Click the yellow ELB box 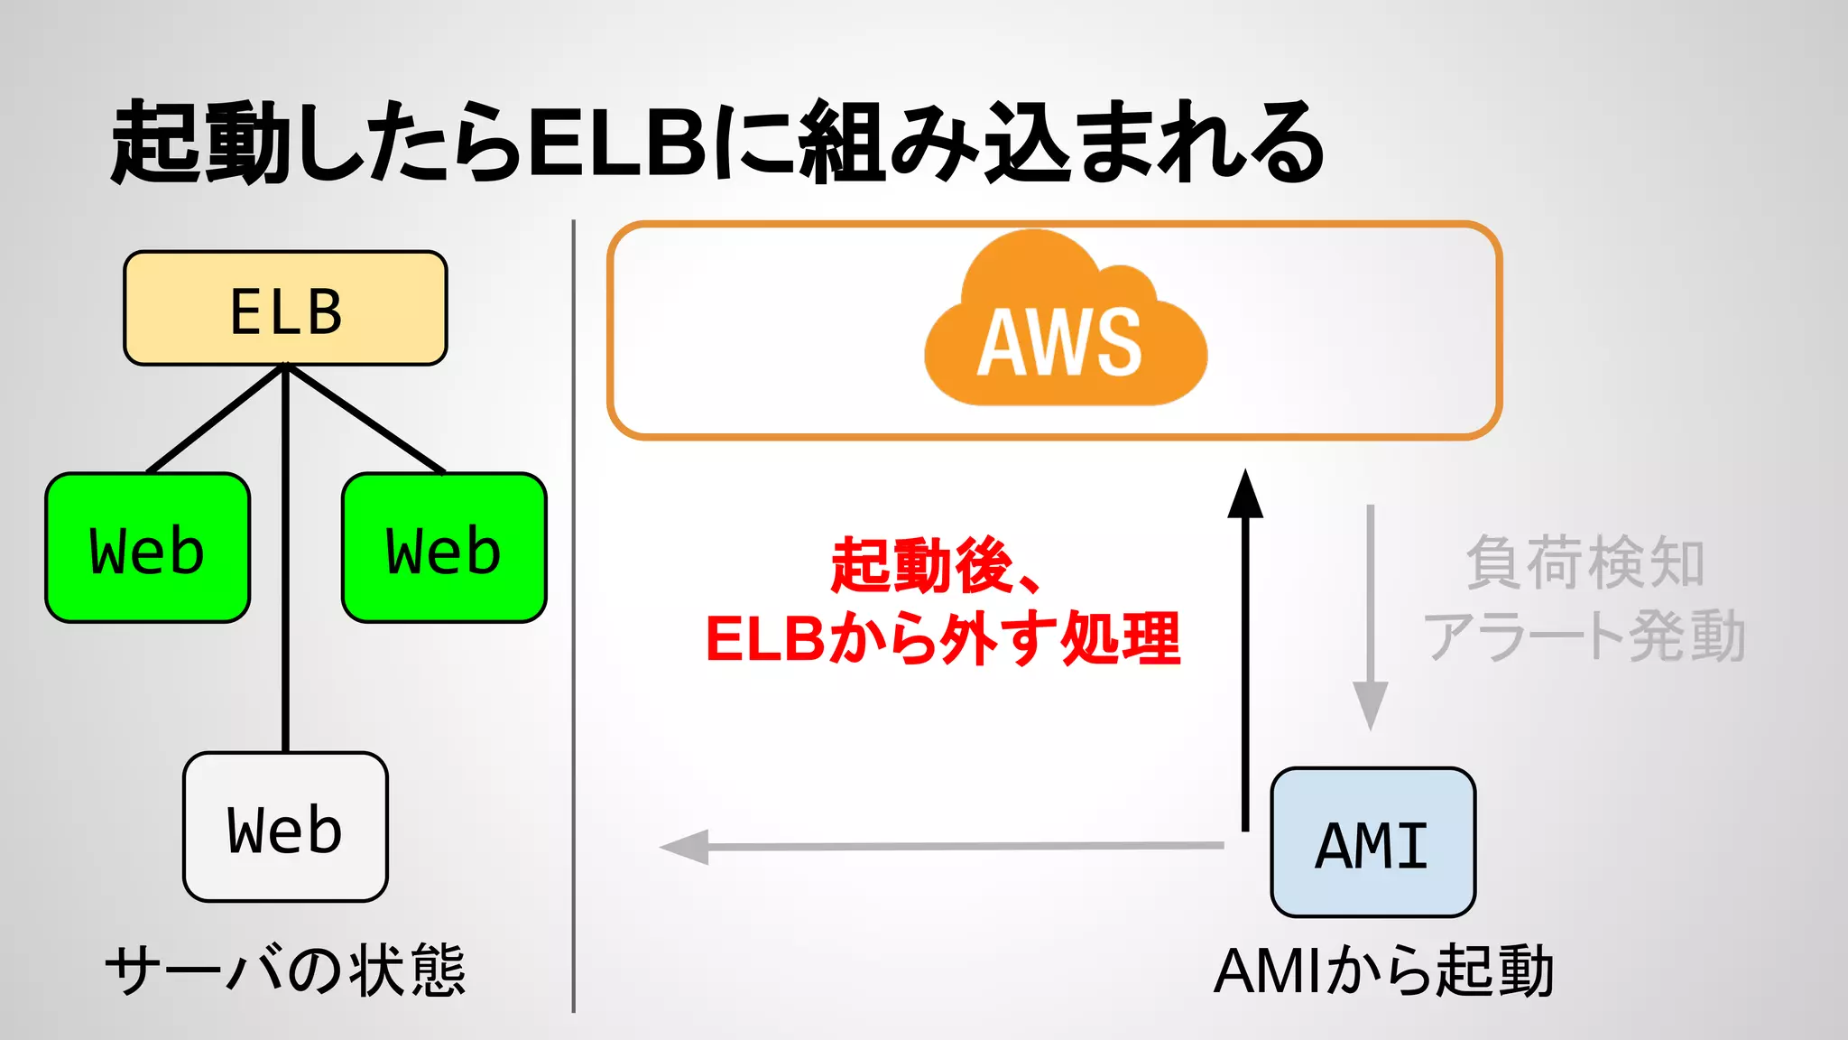point(285,309)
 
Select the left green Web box point(147,548)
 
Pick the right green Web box point(444,548)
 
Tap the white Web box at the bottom point(285,827)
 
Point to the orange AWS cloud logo point(1065,325)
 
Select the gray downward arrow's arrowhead point(1370,706)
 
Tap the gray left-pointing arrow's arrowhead point(686,847)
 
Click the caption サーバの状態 point(285,971)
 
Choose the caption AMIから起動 point(1383,971)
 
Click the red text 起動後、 point(934,565)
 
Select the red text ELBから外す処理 point(942,639)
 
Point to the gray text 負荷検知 point(1585,563)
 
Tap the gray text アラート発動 point(1585,636)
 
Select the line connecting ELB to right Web point(365,419)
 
